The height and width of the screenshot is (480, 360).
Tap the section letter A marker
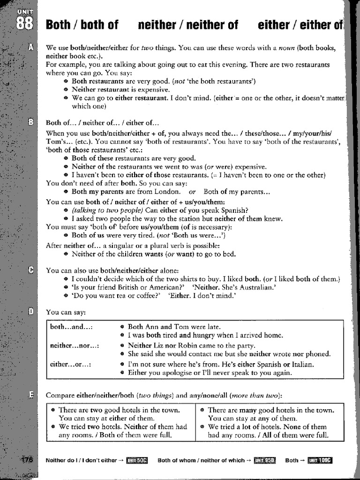pyautogui.click(x=30, y=48)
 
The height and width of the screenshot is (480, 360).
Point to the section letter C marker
pyautogui.click(x=30, y=270)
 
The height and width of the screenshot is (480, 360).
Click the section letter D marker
pyautogui.click(x=30, y=311)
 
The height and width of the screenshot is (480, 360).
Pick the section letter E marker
pyautogui.click(x=30, y=394)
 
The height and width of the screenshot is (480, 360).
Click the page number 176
pyautogui.click(x=27, y=460)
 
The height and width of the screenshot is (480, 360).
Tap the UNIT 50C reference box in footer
pyautogui.click(x=137, y=460)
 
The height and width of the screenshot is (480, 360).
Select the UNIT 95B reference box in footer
pyautogui.click(x=265, y=460)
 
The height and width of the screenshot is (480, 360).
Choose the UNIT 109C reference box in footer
pyautogui.click(x=320, y=460)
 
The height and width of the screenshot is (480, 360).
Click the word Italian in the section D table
pyautogui.click(x=303, y=364)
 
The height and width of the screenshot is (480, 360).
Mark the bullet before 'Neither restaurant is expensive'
pyautogui.click(x=66, y=90)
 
